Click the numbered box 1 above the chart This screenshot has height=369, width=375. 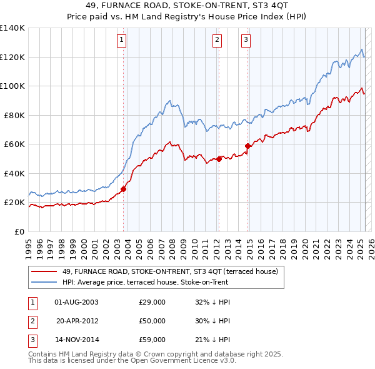(121, 41)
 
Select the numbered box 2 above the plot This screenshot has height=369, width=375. (217, 41)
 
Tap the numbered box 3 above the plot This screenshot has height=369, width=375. (246, 41)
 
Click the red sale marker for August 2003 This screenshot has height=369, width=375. (123, 189)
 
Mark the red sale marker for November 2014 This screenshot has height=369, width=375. (248, 146)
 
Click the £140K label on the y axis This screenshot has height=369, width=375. (12, 28)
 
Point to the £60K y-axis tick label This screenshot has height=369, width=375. (14, 144)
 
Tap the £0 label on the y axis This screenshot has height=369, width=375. (19, 232)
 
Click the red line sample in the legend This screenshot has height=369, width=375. (44, 271)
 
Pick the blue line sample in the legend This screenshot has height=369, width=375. (44, 282)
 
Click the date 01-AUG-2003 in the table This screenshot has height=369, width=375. (77, 302)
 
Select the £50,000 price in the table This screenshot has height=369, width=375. (152, 321)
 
